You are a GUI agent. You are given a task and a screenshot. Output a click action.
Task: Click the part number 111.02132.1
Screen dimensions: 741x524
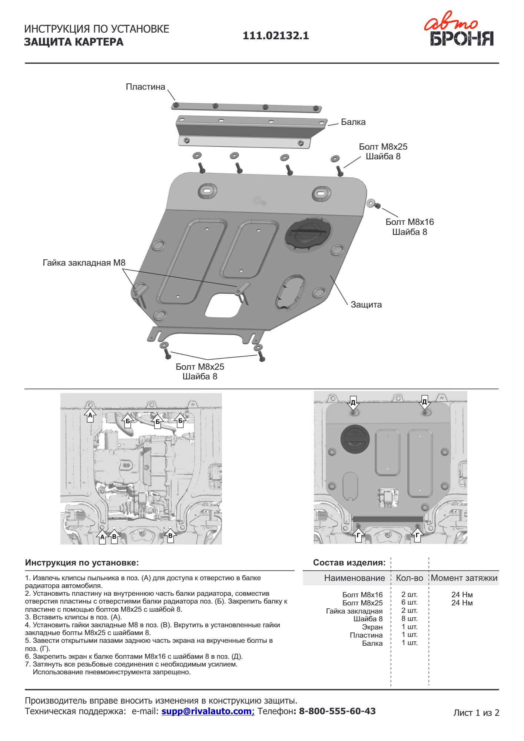pyautogui.click(x=276, y=36)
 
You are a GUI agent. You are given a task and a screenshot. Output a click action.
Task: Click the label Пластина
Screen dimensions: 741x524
pyautogui.click(x=145, y=87)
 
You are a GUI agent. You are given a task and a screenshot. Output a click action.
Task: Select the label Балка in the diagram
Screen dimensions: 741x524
pyautogui.click(x=353, y=122)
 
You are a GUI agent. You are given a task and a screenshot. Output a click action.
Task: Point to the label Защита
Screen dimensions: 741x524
pyautogui.click(x=366, y=305)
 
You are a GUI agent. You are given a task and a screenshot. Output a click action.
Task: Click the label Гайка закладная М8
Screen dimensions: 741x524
pyautogui.click(x=84, y=263)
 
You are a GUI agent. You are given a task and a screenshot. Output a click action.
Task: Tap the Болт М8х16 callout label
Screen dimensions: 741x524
pyautogui.click(x=409, y=222)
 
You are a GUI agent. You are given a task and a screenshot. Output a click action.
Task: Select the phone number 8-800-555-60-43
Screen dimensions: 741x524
pyautogui.click(x=337, y=711)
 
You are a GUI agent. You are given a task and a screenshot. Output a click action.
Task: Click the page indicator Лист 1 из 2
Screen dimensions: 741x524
pyautogui.click(x=476, y=713)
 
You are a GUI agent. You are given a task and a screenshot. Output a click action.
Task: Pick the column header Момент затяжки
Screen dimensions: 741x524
pyautogui.click(x=464, y=578)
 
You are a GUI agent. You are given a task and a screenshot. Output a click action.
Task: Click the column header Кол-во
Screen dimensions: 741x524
pyautogui.click(x=409, y=578)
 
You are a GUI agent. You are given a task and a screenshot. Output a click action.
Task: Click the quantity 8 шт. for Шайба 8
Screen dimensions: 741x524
pyautogui.click(x=409, y=619)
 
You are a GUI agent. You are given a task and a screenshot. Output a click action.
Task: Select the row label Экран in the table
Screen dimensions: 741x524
pyautogui.click(x=372, y=627)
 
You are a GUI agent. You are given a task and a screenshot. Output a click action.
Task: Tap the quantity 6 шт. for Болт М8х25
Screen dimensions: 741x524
pyautogui.click(x=409, y=603)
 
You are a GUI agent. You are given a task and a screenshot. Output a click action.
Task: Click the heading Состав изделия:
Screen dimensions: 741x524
pyautogui.click(x=349, y=563)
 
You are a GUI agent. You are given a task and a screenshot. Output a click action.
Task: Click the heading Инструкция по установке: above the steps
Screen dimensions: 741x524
pyautogui.click(x=82, y=563)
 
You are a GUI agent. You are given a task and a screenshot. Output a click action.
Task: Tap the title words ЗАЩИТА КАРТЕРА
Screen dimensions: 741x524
pyautogui.click(x=74, y=42)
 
